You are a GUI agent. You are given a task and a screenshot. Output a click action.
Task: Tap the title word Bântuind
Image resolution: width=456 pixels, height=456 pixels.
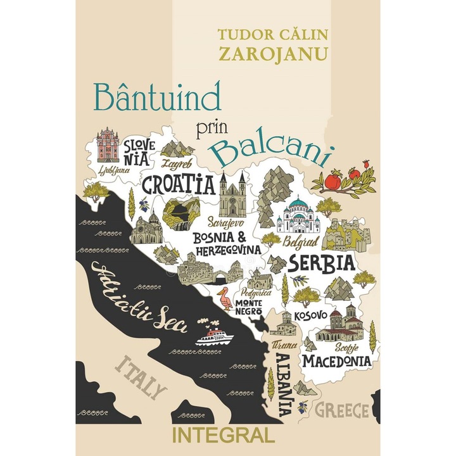(x=157, y=97)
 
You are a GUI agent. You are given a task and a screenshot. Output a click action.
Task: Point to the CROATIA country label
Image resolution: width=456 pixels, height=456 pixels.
(x=178, y=184)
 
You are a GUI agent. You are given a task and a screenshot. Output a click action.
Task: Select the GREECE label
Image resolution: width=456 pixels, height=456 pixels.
(x=342, y=410)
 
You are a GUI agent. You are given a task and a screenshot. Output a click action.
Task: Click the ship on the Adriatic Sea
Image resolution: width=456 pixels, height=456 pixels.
(x=215, y=334)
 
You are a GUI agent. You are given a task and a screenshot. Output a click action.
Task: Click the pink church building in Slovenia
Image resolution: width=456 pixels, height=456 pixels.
(x=107, y=146)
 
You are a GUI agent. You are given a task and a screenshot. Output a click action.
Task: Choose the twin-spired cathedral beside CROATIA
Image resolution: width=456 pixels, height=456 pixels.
(x=232, y=196)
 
